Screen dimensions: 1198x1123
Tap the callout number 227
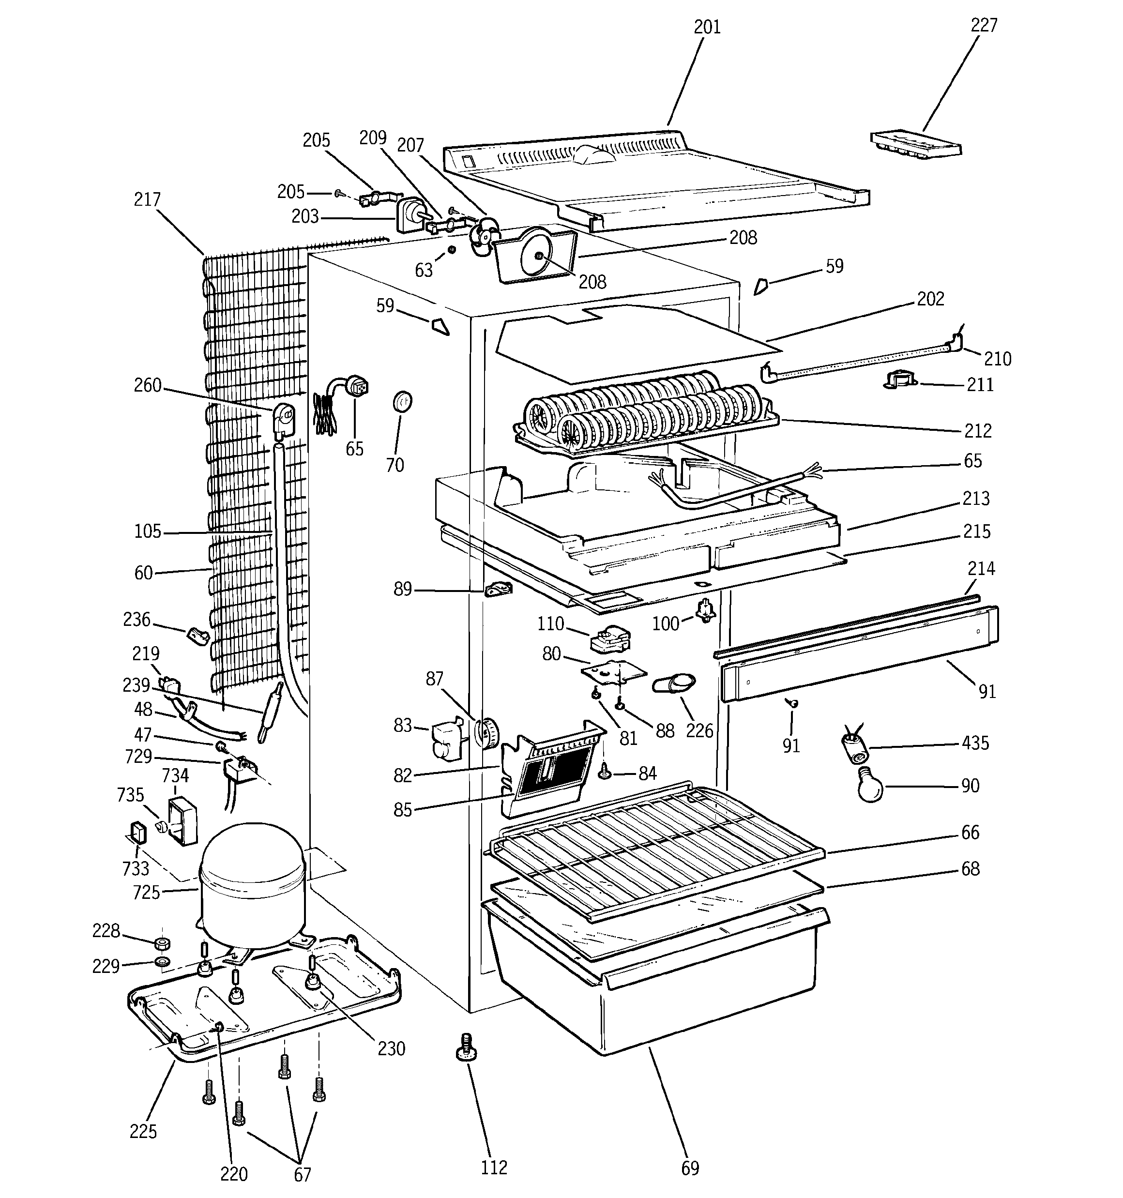click(x=984, y=25)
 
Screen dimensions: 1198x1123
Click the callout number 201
click(x=707, y=27)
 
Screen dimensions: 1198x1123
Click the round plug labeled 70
click(x=402, y=401)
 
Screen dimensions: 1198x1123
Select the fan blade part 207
click(x=485, y=236)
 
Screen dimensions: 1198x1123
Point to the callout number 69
click(x=690, y=1168)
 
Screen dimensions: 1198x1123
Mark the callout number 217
click(x=147, y=199)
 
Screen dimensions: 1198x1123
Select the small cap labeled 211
click(x=900, y=379)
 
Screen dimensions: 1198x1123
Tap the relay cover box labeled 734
click(x=182, y=820)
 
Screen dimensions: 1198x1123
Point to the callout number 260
click(x=148, y=385)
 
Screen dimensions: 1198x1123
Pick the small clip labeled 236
click(x=197, y=634)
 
